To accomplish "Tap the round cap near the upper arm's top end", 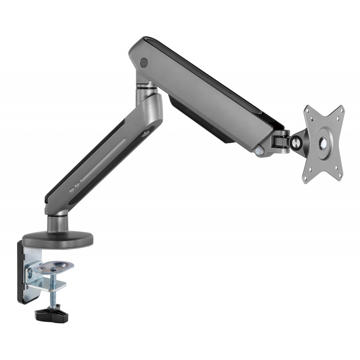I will pos(144,62).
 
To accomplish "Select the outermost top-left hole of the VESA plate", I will pos(308,109).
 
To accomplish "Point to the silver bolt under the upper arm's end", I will pos(260,152).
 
